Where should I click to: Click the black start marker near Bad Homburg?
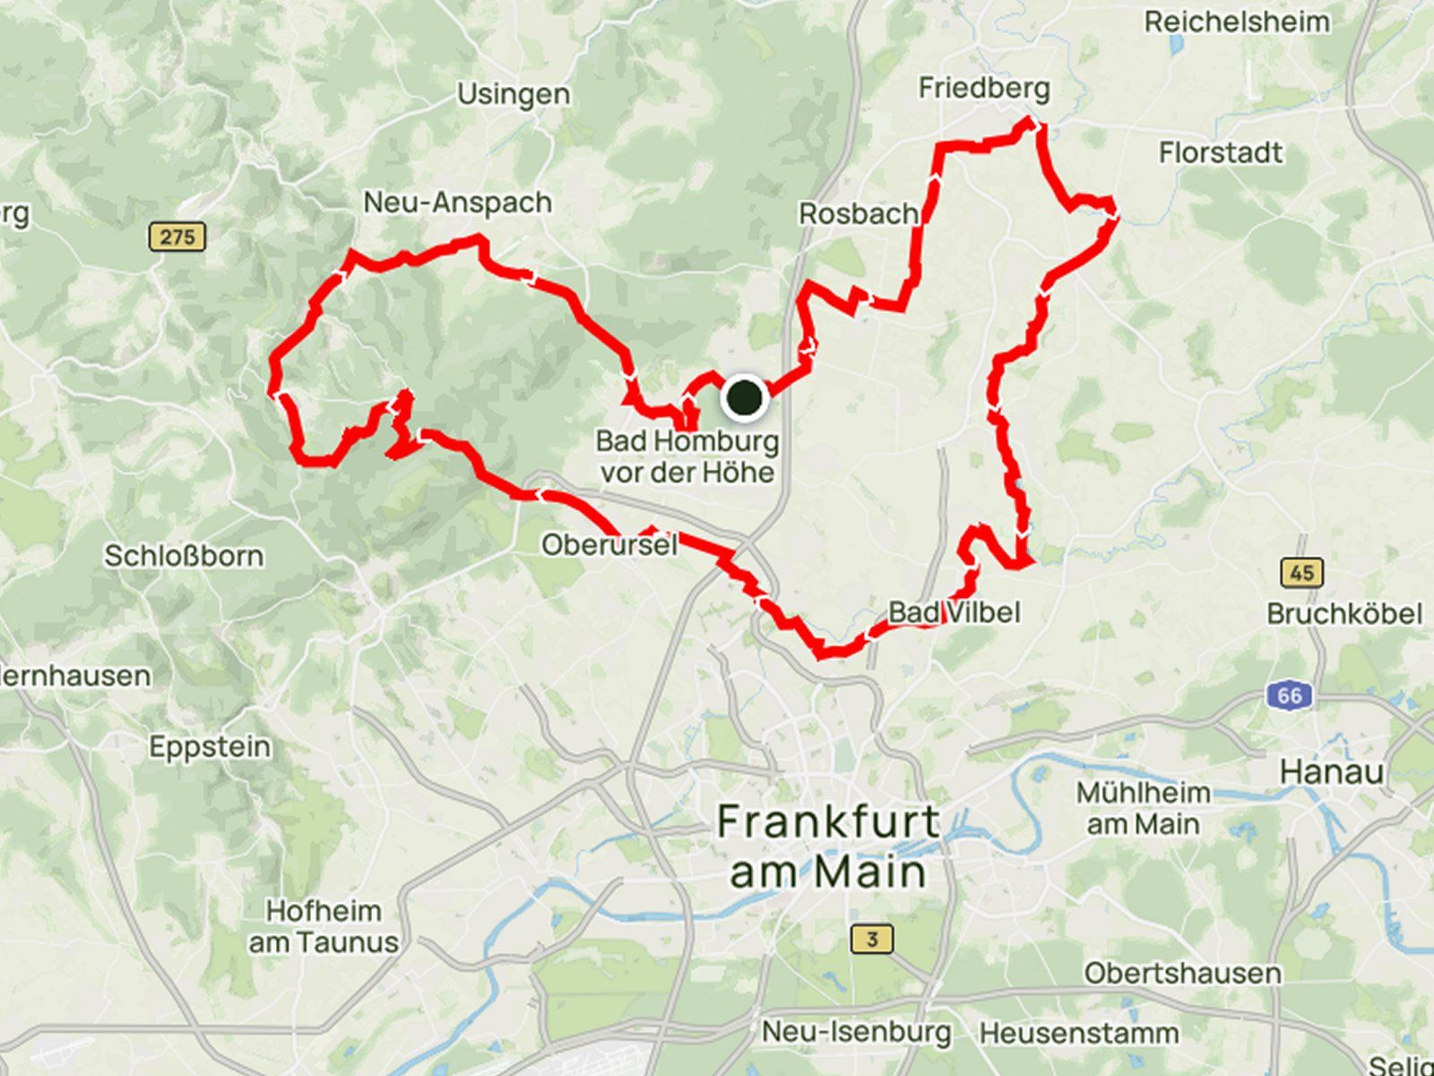744,397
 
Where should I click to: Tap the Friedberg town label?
983,88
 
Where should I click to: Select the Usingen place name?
513,94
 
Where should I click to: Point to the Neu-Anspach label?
457,203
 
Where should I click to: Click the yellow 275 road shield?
177,237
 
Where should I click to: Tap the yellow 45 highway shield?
1302,572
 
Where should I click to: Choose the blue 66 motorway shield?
1290,695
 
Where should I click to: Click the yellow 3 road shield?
871,940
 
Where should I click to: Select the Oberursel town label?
609,544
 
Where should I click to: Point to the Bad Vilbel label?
954,612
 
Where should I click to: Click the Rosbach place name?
858,214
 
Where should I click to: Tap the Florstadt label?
1220,152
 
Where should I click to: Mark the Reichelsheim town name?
1237,22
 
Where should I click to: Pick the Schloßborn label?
184,556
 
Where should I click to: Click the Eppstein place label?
210,747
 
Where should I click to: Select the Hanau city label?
1332,771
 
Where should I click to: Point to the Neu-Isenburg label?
856,1032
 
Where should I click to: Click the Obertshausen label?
1182,973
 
